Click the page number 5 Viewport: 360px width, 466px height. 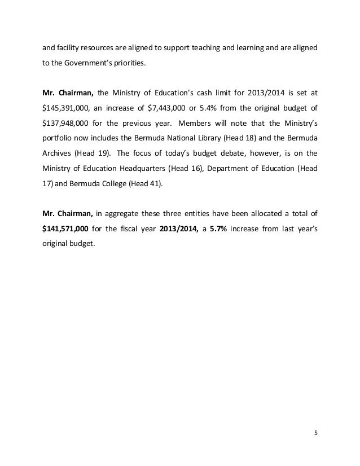(315, 433)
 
